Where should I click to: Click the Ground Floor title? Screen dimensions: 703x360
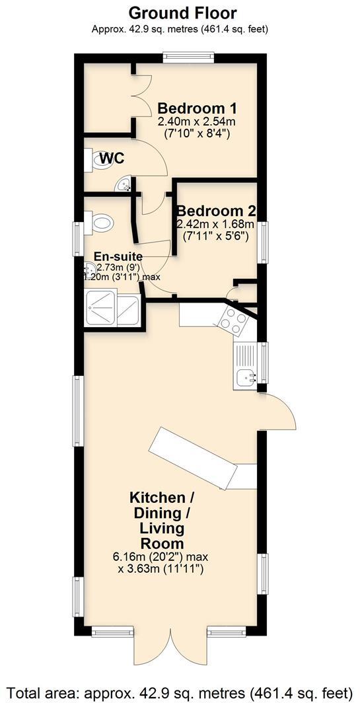click(182, 13)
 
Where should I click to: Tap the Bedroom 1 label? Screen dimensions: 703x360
click(197, 108)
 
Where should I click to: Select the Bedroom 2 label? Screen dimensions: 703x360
click(216, 211)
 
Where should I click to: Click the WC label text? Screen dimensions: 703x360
click(112, 159)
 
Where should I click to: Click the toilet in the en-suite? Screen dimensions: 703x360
click(100, 222)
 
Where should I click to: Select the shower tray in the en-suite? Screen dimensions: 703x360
click(113, 311)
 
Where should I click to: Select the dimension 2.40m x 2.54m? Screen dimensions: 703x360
click(197, 122)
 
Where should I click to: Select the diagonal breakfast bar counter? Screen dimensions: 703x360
click(192, 459)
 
